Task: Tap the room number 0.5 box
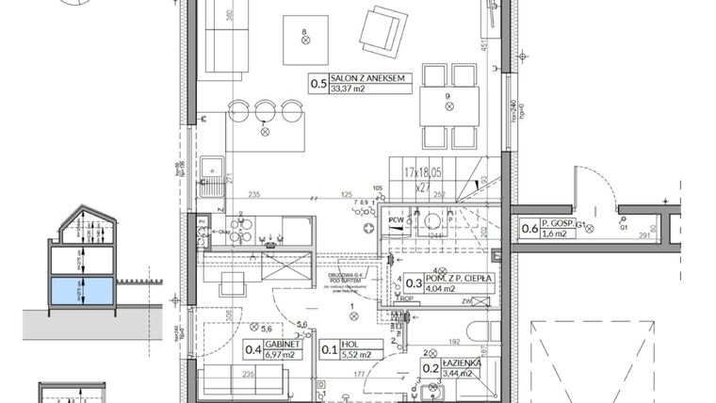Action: (x=318, y=85)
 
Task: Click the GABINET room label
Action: (x=284, y=344)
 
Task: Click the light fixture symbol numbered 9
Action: (x=449, y=106)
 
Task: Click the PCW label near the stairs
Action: (x=398, y=221)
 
